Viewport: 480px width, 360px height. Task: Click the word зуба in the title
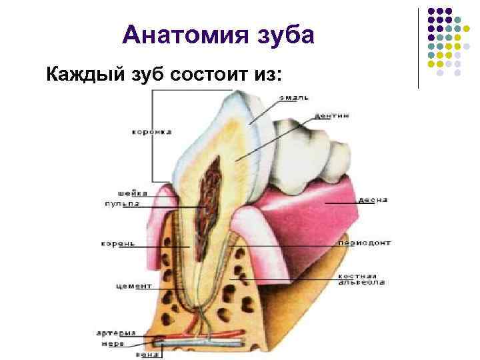point(285,35)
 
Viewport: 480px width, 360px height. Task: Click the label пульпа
point(121,203)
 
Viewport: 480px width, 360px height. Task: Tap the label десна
point(373,200)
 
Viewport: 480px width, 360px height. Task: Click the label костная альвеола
point(361,279)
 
